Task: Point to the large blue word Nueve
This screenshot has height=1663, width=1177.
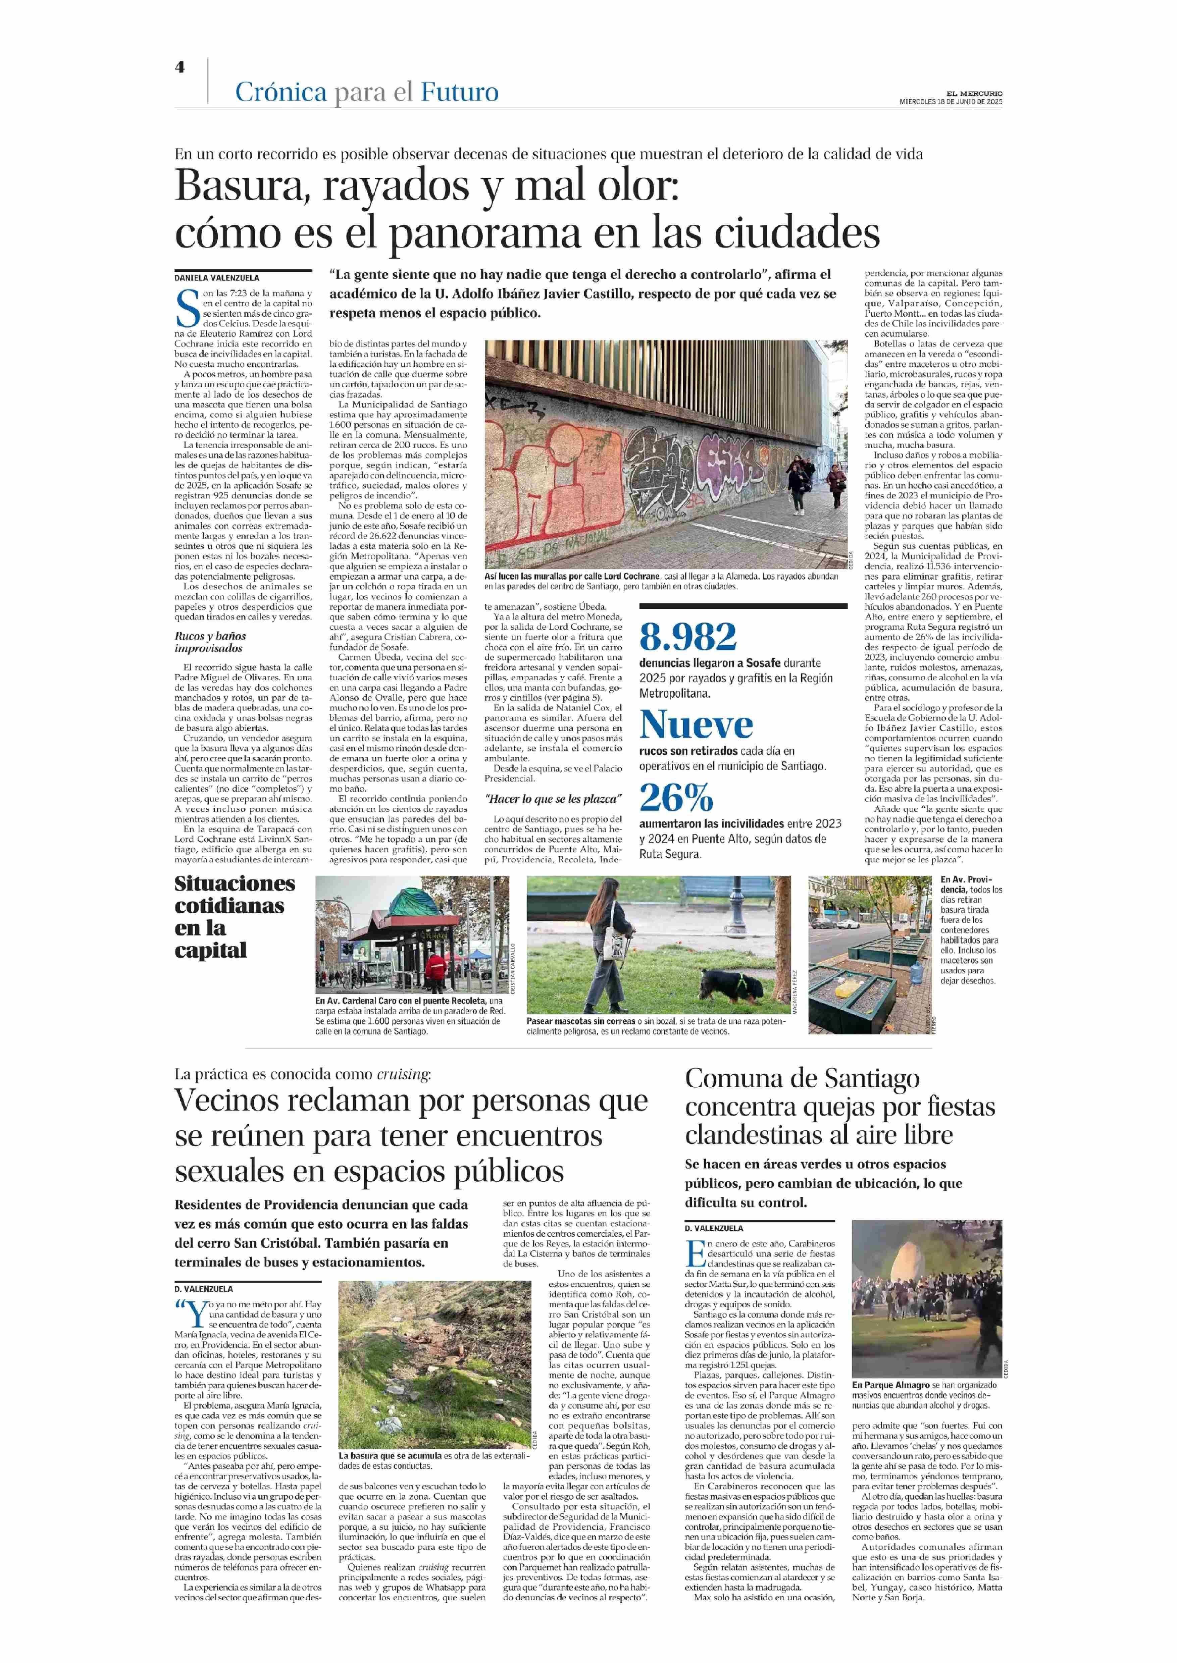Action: coord(696,724)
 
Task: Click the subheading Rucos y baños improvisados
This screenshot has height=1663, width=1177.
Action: coord(209,642)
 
